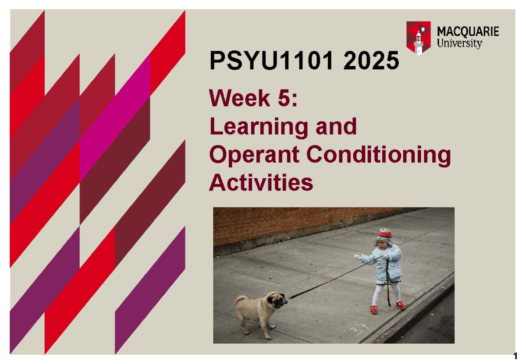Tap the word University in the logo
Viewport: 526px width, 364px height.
[460, 43]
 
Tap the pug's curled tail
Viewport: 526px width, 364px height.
[241, 300]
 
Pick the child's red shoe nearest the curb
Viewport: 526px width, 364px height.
[400, 305]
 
